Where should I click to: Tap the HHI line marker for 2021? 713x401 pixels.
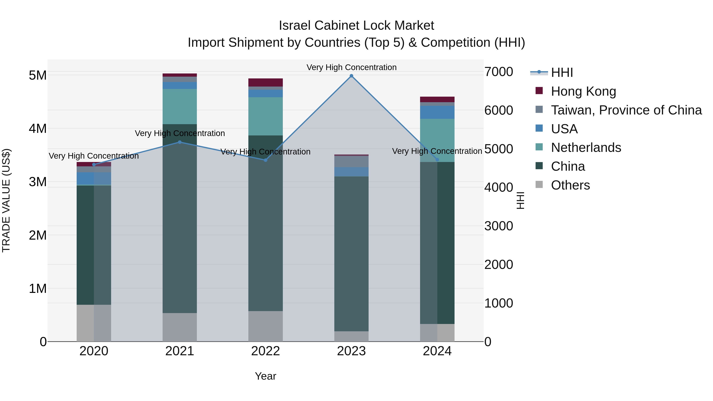tap(180, 142)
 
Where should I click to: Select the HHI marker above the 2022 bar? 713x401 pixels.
tap(265, 160)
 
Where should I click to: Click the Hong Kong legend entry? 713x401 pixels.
tap(583, 91)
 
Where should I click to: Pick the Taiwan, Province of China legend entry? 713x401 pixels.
tap(626, 110)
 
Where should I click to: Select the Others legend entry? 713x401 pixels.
tap(570, 185)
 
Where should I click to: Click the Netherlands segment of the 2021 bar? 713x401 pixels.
tap(180, 107)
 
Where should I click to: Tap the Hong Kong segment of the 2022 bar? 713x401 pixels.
tap(265, 82)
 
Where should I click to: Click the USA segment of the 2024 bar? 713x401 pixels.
tap(437, 112)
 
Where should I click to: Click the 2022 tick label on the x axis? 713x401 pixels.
tap(265, 351)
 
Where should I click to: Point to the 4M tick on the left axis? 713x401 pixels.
tap(38, 128)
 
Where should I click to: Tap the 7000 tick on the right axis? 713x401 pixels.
tap(499, 72)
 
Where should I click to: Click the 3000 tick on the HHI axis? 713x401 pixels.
tap(499, 226)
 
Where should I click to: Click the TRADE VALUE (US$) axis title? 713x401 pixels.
tap(6, 200)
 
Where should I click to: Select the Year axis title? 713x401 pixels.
tap(265, 376)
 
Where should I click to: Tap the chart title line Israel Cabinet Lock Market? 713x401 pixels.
tap(356, 26)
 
